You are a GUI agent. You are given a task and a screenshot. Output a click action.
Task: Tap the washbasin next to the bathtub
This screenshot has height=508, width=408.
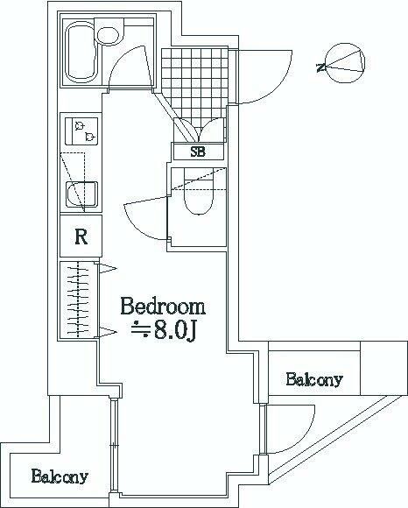pyautogui.click(x=109, y=36)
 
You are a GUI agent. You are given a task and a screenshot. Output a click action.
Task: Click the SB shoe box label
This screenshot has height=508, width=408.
pyautogui.click(x=199, y=152)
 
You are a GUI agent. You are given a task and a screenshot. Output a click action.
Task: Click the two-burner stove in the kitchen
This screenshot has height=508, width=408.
pyautogui.click(x=81, y=131)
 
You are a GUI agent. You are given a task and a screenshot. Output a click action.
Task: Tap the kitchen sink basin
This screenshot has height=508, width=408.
pyautogui.click(x=82, y=193)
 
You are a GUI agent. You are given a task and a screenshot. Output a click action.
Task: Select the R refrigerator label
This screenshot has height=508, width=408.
pyautogui.click(x=81, y=236)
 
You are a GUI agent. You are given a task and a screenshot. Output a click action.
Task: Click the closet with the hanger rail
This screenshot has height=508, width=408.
pyautogui.click(x=79, y=300)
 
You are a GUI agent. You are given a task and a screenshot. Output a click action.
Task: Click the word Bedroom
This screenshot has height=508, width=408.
pyautogui.click(x=163, y=307)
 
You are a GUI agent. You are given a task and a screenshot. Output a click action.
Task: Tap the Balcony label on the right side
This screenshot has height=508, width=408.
pyautogui.click(x=313, y=380)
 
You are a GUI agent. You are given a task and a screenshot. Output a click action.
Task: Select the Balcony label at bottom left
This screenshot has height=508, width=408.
pyautogui.click(x=60, y=477)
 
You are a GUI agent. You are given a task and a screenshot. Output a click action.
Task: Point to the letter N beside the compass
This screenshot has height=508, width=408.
pyautogui.click(x=321, y=67)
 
